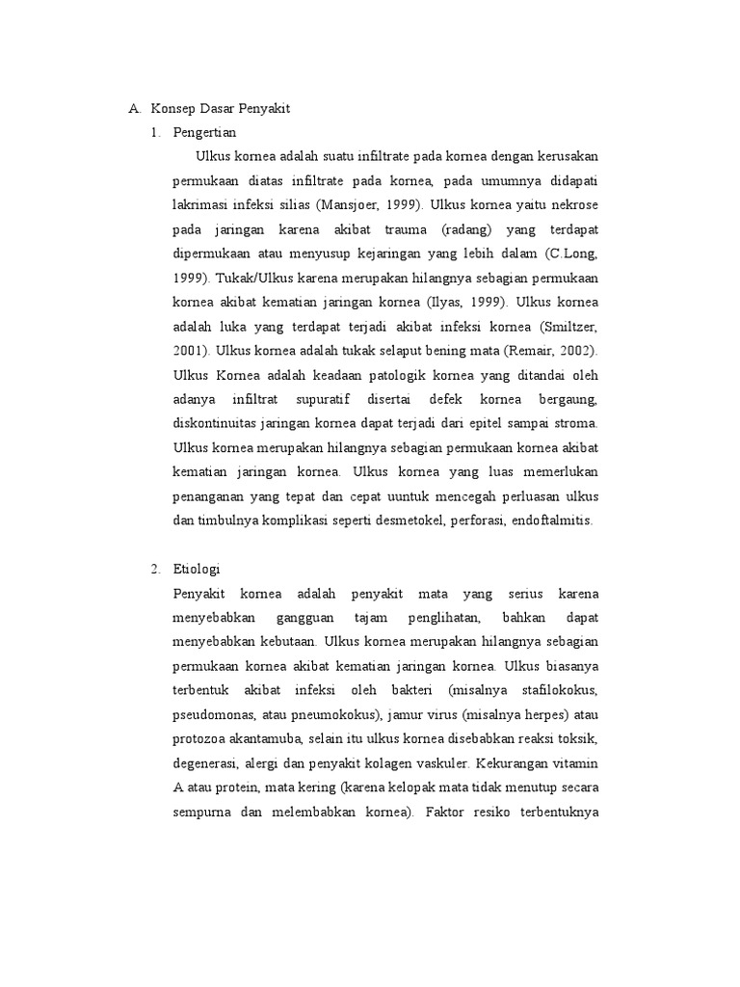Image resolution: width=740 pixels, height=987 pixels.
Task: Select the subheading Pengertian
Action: point(204,132)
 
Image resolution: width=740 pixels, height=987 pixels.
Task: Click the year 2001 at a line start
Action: point(189,349)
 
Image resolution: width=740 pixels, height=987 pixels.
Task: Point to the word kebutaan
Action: point(287,642)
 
